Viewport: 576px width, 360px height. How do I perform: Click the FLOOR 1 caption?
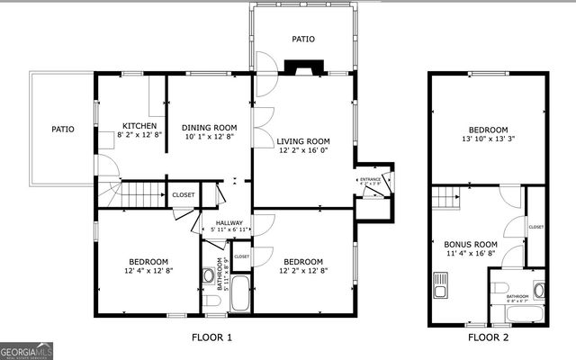(x=212, y=337)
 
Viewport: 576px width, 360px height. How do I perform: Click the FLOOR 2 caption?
(x=488, y=337)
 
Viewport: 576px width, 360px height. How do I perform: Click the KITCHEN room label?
(x=139, y=126)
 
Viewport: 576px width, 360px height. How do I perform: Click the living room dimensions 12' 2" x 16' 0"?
(x=303, y=152)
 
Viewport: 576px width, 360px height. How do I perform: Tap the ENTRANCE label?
(x=371, y=180)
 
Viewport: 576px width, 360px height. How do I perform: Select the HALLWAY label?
(x=228, y=222)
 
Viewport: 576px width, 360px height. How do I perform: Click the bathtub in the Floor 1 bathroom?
(x=240, y=294)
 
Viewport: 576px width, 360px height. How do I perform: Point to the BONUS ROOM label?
(x=471, y=244)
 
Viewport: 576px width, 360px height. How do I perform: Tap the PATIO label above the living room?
(x=302, y=40)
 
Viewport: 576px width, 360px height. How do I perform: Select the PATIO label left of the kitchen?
(x=62, y=130)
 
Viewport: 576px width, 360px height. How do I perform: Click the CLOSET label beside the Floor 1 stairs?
(x=183, y=194)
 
